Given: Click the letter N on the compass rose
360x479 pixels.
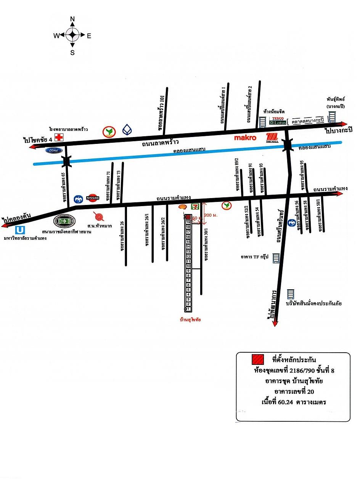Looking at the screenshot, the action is tap(72, 19).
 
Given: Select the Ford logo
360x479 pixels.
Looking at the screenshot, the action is tap(54, 151).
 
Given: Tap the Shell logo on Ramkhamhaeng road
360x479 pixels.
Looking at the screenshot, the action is tap(183, 207).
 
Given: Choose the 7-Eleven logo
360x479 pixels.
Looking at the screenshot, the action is tap(195, 206).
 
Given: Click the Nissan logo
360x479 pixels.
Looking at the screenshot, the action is tap(93, 198).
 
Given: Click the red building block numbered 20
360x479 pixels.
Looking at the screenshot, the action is tap(188, 217).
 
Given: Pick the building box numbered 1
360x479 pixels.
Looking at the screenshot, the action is tap(188, 308).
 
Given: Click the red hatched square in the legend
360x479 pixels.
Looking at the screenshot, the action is tap(257, 359).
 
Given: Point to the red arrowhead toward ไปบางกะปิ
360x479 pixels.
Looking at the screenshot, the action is tap(344, 124).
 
